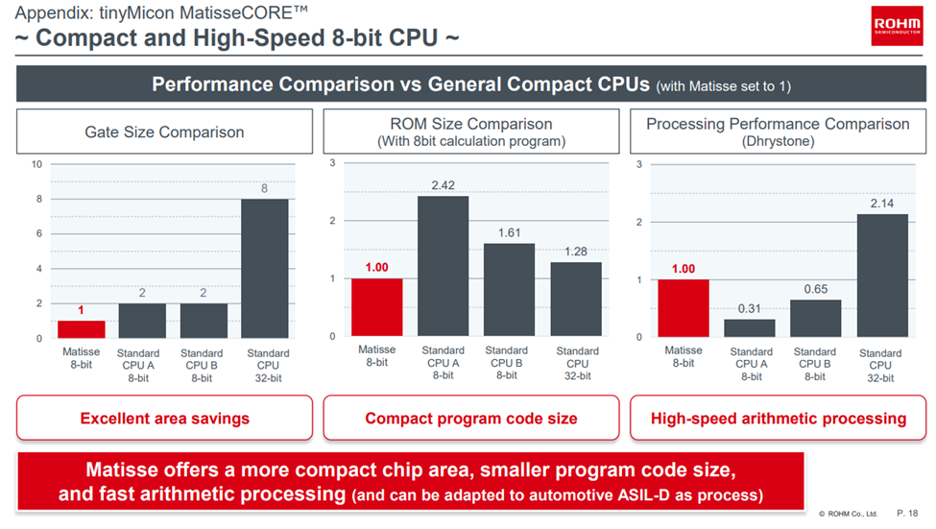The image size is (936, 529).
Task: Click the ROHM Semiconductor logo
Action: pos(897,26)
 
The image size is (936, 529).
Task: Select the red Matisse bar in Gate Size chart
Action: pos(82,329)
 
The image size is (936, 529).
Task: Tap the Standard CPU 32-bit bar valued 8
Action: pos(265,268)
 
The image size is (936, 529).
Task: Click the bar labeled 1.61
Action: pos(509,289)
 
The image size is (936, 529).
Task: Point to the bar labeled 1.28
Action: pos(576,299)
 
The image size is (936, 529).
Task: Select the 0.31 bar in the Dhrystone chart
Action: pos(750,327)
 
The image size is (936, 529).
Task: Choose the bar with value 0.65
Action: pos(815,318)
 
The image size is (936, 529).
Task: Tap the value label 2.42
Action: pos(443,185)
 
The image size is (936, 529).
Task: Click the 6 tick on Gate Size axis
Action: pos(39,234)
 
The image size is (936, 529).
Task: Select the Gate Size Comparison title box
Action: pos(164,132)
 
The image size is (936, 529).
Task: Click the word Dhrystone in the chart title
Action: pos(778,140)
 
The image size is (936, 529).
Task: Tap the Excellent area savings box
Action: pos(164,418)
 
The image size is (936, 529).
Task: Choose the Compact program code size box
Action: pos(471,418)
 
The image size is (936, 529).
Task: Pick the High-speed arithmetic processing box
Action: pos(778,418)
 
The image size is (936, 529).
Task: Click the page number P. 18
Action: pos(907,514)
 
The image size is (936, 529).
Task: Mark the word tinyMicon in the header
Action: pos(114,13)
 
